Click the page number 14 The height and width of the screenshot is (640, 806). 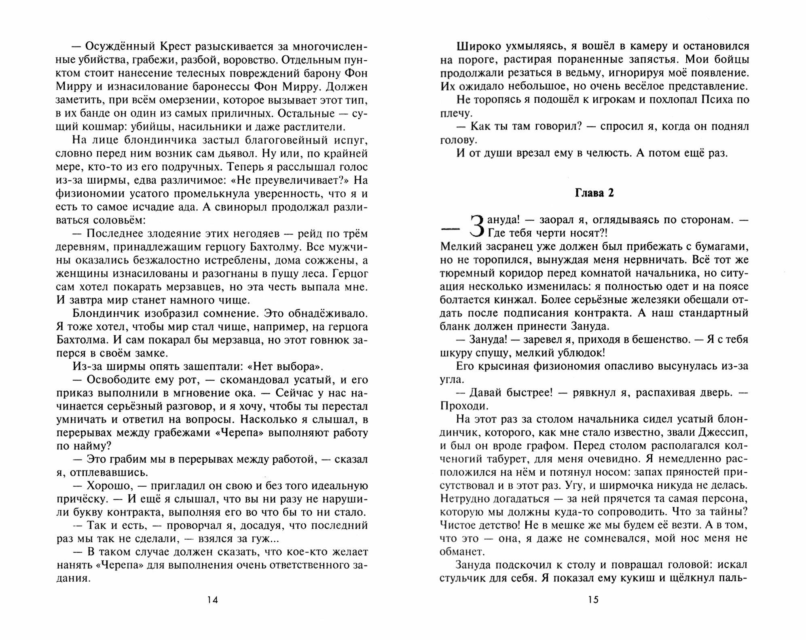pyautogui.click(x=213, y=600)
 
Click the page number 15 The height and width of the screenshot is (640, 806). pyautogui.click(x=593, y=600)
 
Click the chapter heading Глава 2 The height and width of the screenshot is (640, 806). pyautogui.click(x=594, y=193)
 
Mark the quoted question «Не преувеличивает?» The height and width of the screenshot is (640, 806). pyautogui.click(x=297, y=180)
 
